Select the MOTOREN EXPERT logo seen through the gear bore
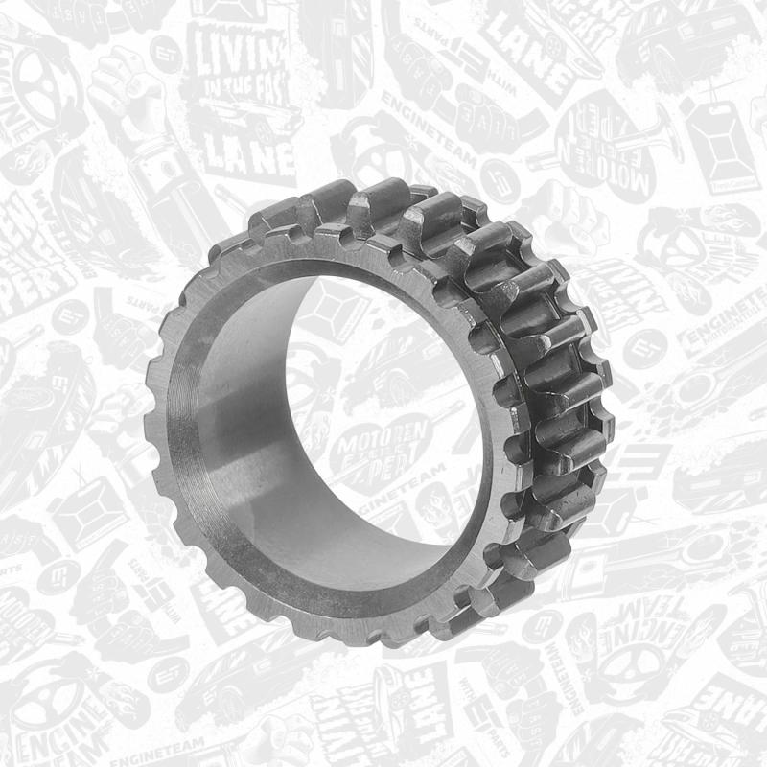[381, 451]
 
